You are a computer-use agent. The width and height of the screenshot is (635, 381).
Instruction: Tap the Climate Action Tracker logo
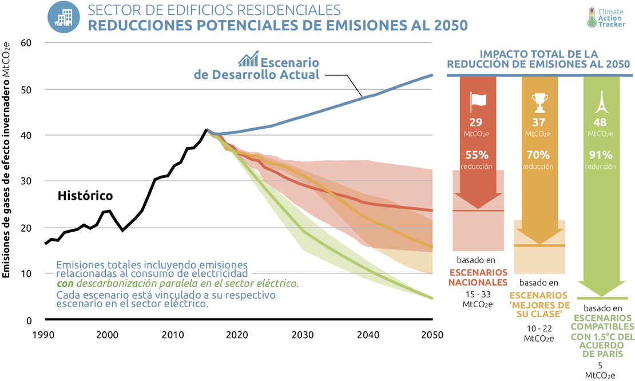coord(609,18)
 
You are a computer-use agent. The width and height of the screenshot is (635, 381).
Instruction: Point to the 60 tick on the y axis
coord(26,43)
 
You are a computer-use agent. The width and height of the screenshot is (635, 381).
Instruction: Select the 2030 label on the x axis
coord(301,335)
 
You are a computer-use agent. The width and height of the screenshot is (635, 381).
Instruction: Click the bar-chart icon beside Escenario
coord(248,59)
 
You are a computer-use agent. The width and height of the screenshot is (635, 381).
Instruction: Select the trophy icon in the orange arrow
coord(539,102)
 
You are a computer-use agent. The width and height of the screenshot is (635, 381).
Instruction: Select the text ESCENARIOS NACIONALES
coord(478,277)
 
